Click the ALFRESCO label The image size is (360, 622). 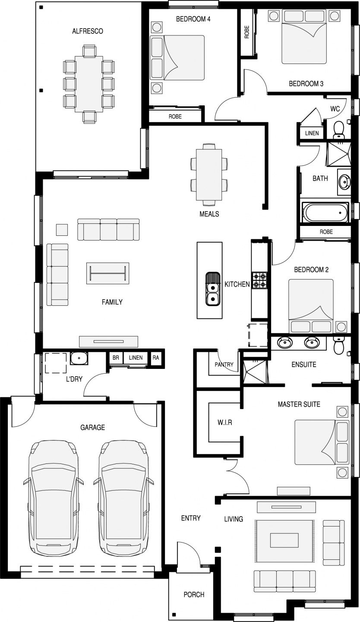pyautogui.click(x=88, y=31)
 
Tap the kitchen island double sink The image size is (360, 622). pyautogui.click(x=213, y=289)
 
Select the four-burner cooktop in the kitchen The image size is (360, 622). pyautogui.click(x=259, y=280)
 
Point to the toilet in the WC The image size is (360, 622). pyautogui.click(x=338, y=130)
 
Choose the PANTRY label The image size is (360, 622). pyautogui.click(x=224, y=364)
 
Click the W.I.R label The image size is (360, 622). pyautogui.click(x=224, y=422)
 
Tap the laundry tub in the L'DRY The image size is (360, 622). pyautogui.click(x=79, y=358)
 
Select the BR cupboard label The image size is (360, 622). pyautogui.click(x=116, y=358)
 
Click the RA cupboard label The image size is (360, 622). pyautogui.click(x=156, y=358)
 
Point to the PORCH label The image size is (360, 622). pyautogui.click(x=194, y=594)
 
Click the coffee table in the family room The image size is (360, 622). pyautogui.click(x=107, y=273)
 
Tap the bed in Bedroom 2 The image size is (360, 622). pyautogui.click(x=311, y=306)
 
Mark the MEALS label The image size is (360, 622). pyautogui.click(x=209, y=214)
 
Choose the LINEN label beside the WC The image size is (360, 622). pyautogui.click(x=312, y=133)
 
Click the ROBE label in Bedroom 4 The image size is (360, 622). pyautogui.click(x=175, y=116)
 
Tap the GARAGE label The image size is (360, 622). pyautogui.click(x=92, y=427)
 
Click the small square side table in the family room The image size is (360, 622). pyautogui.click(x=62, y=230)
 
